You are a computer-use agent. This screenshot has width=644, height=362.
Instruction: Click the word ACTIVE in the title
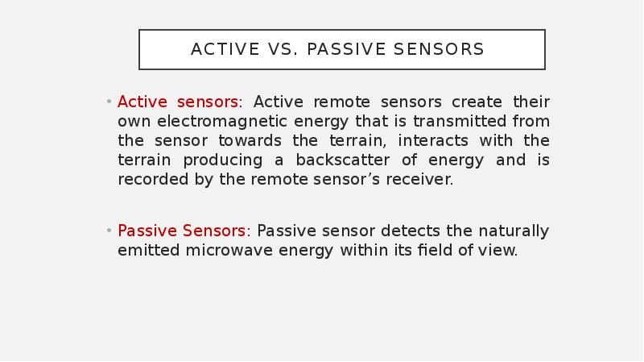point(225,49)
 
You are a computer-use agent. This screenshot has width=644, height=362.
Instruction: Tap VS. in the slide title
point(283,49)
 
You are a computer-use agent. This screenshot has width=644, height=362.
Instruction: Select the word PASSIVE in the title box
point(346,49)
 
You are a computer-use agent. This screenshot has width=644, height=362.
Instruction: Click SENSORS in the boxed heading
point(439,49)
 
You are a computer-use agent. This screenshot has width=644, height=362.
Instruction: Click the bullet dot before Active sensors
point(109,102)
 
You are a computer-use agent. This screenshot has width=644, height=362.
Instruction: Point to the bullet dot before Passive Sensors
point(109,231)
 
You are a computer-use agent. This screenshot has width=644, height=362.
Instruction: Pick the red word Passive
point(147,231)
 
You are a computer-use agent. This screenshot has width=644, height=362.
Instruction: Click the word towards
point(250,140)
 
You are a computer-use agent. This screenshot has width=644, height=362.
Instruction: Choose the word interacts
point(433,140)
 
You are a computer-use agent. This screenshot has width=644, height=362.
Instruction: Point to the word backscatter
point(343,160)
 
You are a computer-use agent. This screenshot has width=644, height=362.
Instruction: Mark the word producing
point(223,160)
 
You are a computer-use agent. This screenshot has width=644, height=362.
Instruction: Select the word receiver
point(419,180)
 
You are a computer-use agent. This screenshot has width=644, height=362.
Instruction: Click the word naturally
point(514,231)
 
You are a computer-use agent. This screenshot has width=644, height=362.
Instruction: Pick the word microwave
point(229,250)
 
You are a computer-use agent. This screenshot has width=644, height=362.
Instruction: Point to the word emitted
point(149,250)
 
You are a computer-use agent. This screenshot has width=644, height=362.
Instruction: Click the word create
point(477,102)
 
